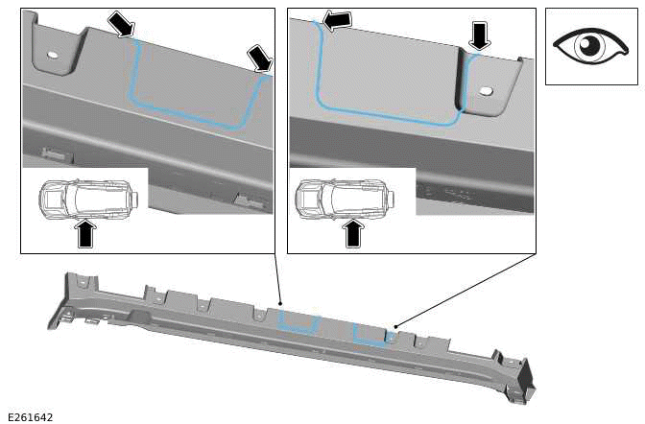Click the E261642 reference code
click(x=30, y=417)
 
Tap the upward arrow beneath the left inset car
click(x=85, y=233)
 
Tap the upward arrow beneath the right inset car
click(x=353, y=232)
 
